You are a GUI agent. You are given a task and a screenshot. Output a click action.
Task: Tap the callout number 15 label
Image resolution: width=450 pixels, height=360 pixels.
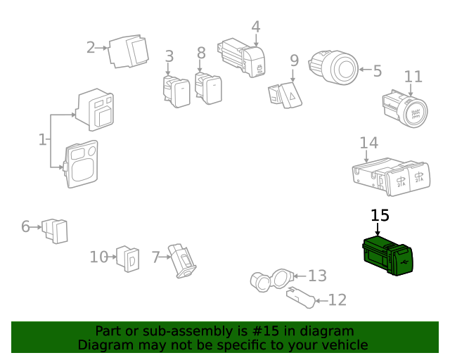click(x=379, y=216)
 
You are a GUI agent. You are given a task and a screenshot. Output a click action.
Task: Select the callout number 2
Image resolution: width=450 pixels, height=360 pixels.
click(x=91, y=48)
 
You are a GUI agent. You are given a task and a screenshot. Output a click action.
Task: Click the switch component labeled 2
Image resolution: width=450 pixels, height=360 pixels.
click(x=130, y=51)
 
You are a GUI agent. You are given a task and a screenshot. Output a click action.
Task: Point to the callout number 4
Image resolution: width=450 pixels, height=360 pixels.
click(x=256, y=27)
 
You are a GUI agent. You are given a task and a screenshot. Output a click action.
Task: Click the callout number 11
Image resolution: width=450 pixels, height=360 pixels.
click(x=413, y=77)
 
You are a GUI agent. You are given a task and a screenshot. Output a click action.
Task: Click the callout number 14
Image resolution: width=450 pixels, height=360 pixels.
click(x=368, y=143)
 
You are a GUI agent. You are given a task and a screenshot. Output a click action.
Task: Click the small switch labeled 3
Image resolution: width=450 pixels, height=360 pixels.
click(x=176, y=91)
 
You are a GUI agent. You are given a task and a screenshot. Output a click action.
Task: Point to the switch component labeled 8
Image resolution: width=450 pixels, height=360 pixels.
click(x=208, y=88)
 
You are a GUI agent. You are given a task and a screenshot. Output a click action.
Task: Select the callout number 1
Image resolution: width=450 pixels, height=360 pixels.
click(x=42, y=139)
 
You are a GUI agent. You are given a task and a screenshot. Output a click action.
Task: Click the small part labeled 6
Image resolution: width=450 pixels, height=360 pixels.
click(x=56, y=230)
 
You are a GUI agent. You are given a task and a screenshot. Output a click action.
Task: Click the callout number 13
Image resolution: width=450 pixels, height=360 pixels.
click(x=317, y=275)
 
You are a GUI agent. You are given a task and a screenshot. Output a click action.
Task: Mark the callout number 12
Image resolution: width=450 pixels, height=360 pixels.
click(x=337, y=300)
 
